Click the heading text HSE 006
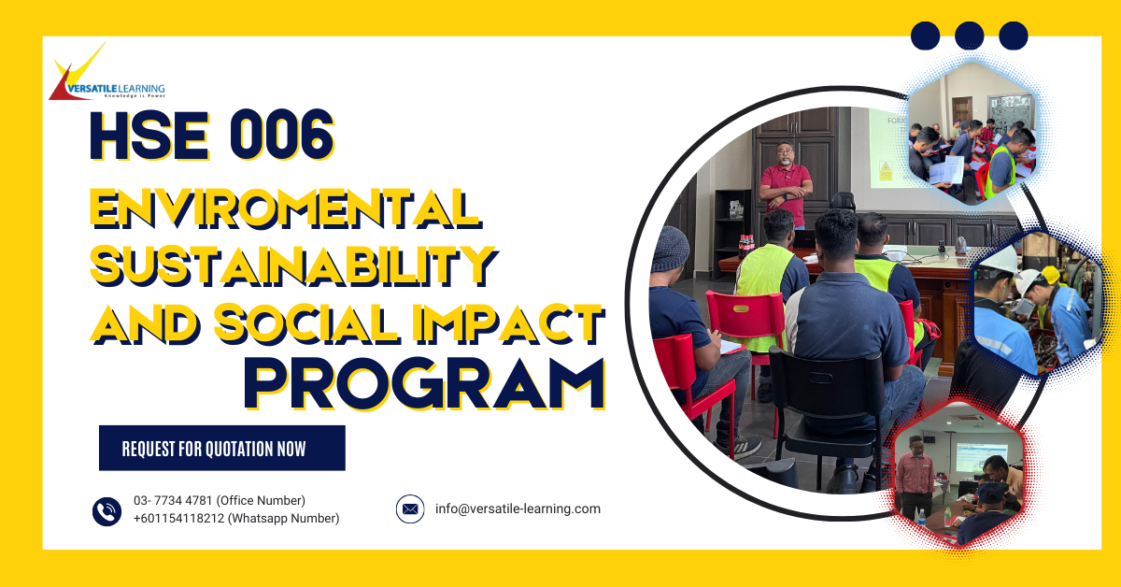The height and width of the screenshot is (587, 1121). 211,136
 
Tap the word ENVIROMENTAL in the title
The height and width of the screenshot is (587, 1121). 285,207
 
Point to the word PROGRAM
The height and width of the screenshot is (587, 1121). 424,384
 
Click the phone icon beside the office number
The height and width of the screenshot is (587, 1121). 106,510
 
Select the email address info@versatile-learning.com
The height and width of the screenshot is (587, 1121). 518,509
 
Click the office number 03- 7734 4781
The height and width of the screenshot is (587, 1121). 219,501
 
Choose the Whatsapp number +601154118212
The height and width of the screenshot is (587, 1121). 235,519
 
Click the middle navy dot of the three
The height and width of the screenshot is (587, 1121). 969,36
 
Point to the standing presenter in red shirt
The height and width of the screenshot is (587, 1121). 785,182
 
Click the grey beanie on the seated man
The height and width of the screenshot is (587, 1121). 670,248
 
